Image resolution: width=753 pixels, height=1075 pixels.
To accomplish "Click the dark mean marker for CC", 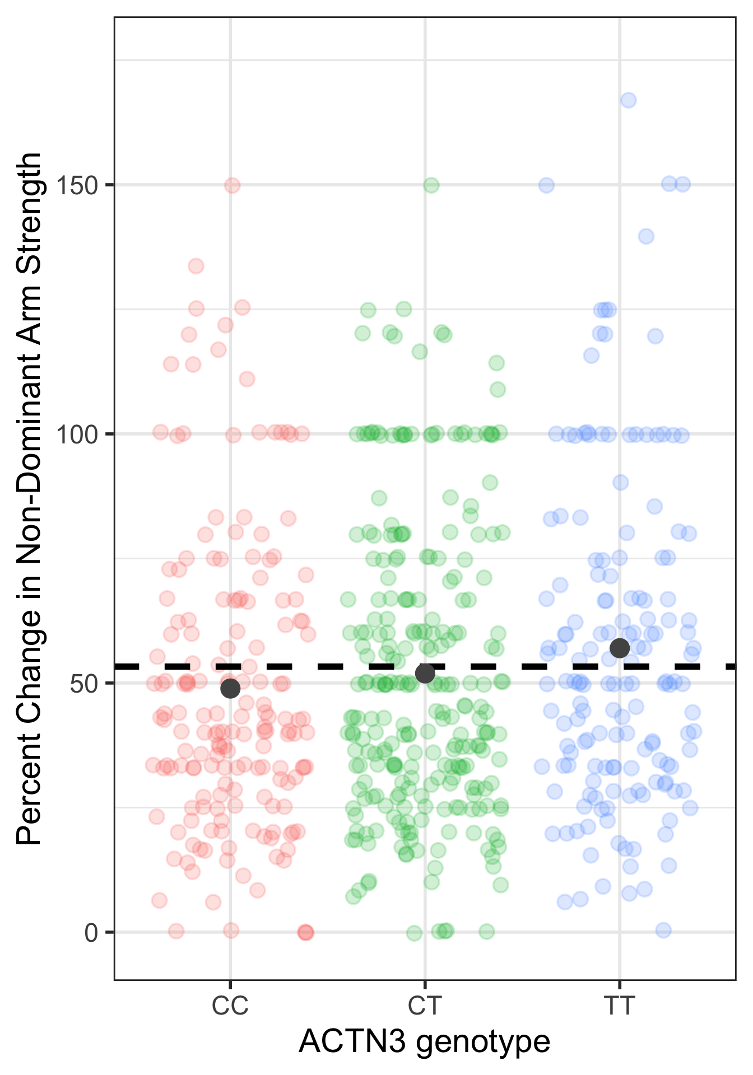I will coord(230,688).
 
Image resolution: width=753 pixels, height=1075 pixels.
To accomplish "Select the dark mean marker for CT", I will coord(425,674).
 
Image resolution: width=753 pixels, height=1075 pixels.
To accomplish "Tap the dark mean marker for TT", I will coord(620,648).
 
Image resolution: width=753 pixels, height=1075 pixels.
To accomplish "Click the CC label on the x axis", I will coord(230,1006).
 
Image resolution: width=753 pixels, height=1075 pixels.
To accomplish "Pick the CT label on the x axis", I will coord(425,1006).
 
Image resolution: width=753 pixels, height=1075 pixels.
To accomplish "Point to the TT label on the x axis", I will coord(620,1006).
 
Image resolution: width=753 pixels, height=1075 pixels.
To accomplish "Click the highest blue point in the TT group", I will coord(628,100).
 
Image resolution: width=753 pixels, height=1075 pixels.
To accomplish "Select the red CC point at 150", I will coord(233,185).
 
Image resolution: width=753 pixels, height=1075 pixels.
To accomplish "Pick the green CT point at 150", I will coord(431,185).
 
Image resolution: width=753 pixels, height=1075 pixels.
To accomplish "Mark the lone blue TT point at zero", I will coord(663,930).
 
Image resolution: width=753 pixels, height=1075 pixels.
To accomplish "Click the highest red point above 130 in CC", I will coord(196,266).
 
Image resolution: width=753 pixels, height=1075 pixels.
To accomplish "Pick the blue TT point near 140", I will coord(646,236).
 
